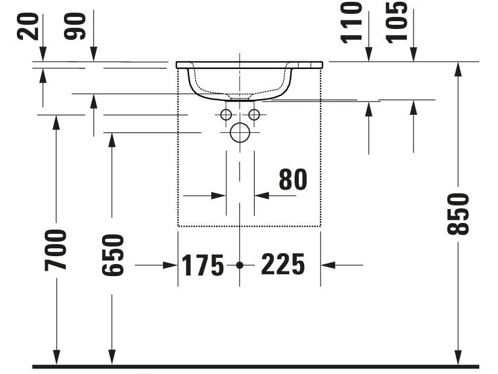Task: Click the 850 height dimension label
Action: [x=458, y=214]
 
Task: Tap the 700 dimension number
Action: [x=56, y=250]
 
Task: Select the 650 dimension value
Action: [x=113, y=255]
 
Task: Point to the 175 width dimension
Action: [x=203, y=265]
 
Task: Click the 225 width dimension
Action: [x=283, y=264]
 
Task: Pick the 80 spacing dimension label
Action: [x=293, y=179]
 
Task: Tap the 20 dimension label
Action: [x=28, y=27]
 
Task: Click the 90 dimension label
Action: [x=75, y=27]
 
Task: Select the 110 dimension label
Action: [x=351, y=22]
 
